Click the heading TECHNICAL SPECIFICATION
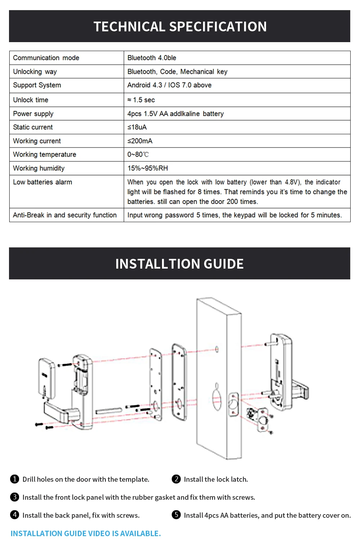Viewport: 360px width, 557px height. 180,27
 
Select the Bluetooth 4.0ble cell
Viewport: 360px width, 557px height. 152,58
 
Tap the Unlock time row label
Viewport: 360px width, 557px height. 31,100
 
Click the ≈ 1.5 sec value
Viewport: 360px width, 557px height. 141,100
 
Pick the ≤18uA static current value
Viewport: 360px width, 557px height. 137,127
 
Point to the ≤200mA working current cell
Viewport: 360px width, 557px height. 140,141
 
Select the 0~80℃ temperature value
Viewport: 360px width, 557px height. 138,154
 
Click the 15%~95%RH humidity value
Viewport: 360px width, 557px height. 148,168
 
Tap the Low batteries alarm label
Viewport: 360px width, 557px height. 42,182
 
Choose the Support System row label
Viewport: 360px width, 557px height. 37,85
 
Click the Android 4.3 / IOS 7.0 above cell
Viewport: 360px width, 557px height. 169,85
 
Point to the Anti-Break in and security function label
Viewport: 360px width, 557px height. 65,215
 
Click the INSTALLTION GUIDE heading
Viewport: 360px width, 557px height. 179,264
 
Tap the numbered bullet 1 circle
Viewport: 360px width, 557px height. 14,479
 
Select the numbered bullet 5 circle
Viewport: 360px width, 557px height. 176,515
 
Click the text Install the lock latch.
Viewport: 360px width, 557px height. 216,479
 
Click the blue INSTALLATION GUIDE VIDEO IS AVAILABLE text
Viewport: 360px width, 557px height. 86,534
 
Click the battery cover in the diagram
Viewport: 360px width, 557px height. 46,378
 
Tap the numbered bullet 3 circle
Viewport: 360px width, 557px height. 14,497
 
